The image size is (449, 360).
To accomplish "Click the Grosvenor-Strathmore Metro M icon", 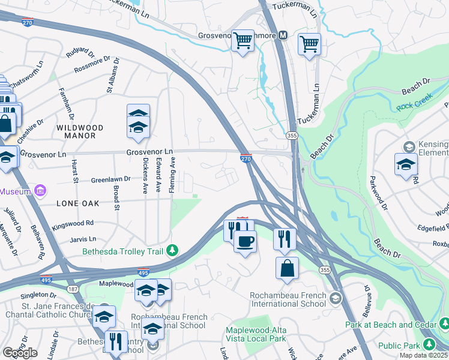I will [283, 35].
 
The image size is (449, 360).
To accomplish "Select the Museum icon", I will [40, 191].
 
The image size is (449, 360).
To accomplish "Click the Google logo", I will [20, 353].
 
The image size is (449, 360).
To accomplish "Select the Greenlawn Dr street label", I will [94, 179].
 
